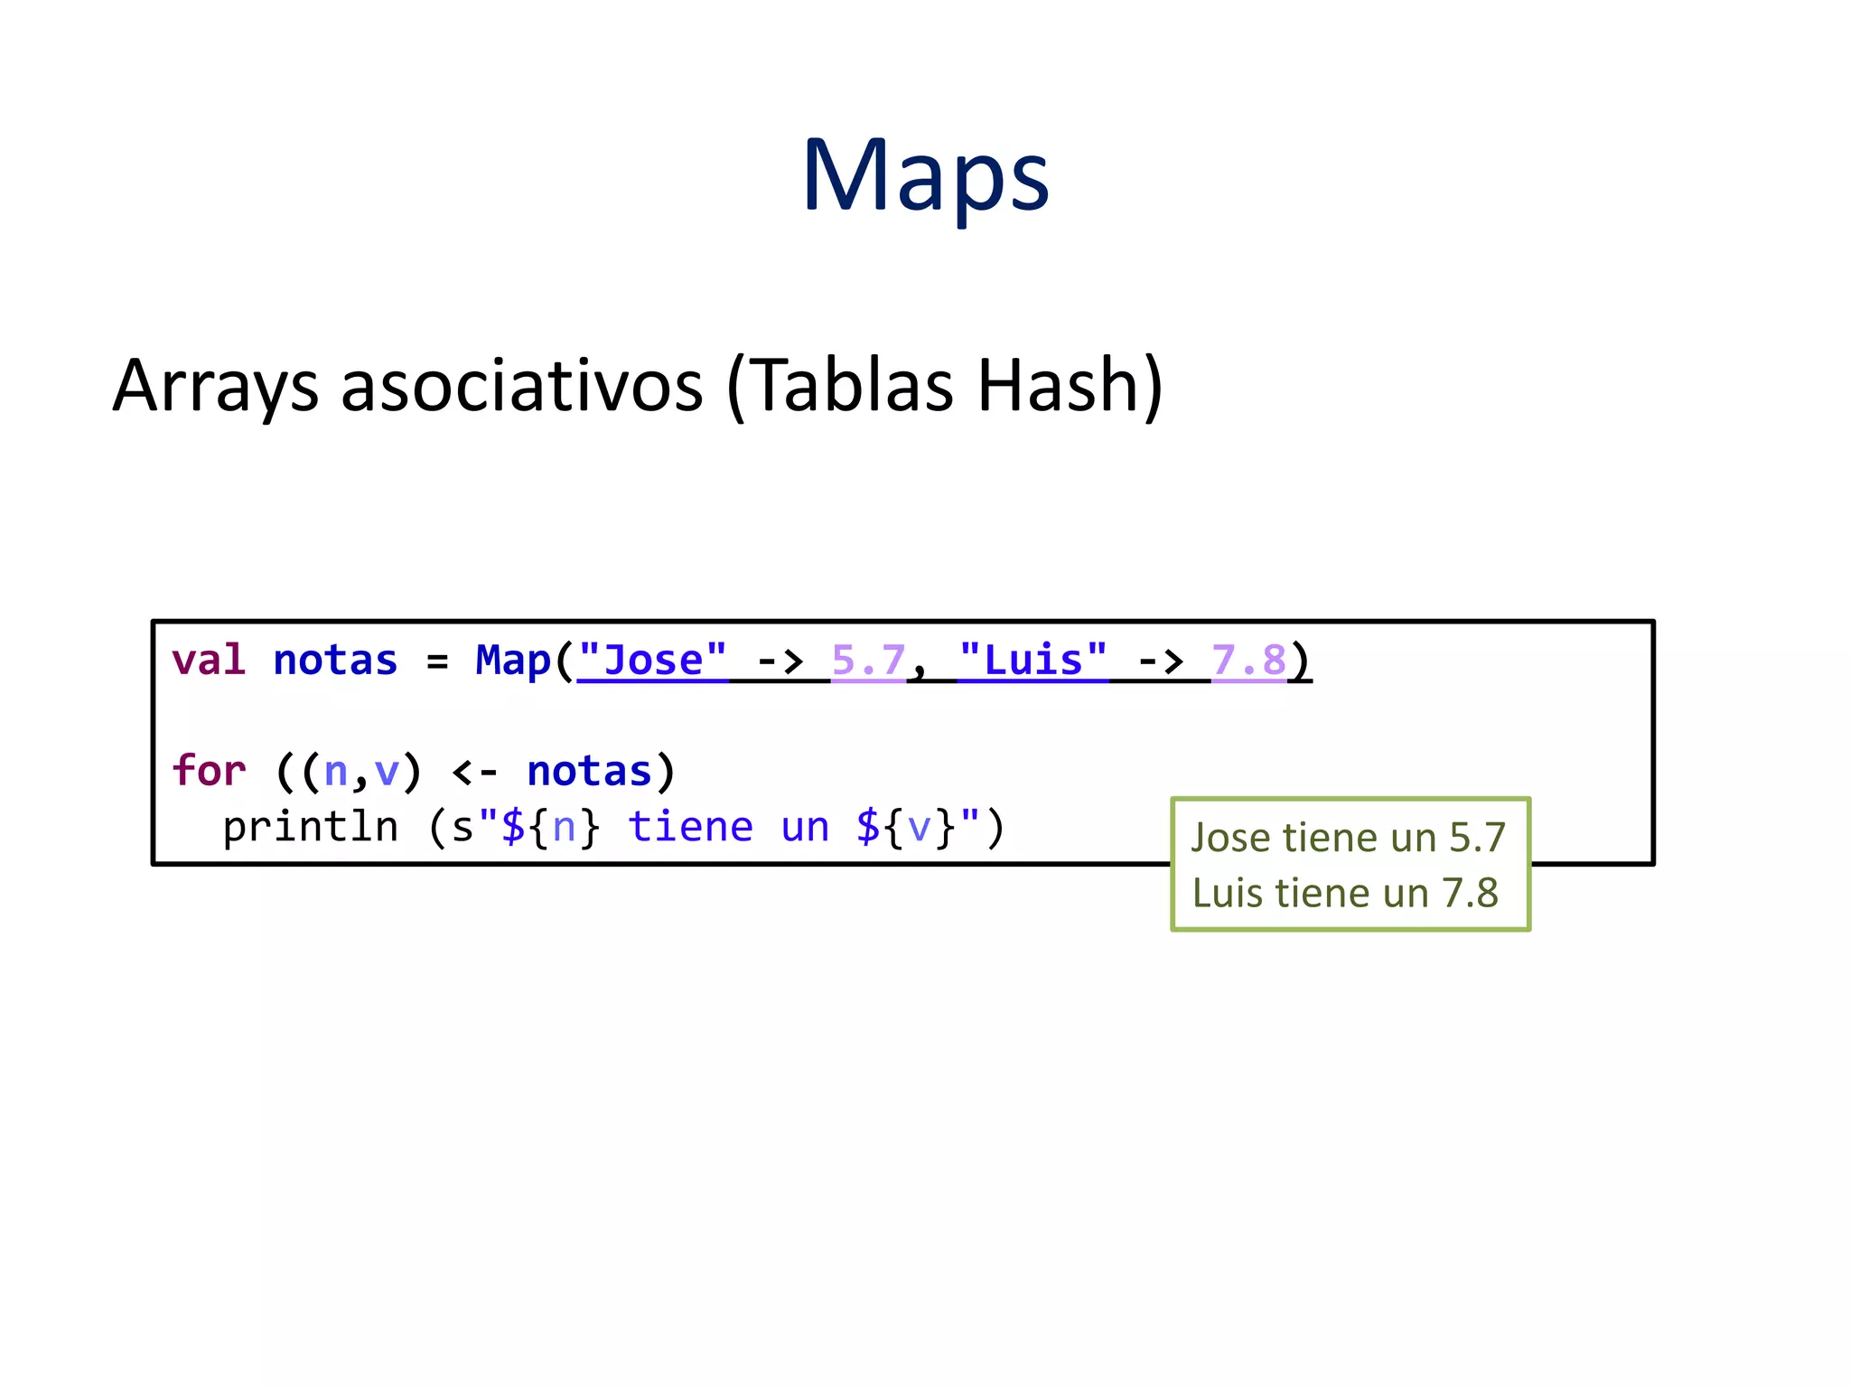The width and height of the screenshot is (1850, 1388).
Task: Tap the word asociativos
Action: coord(521,386)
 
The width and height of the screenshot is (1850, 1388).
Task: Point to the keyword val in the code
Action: coord(209,661)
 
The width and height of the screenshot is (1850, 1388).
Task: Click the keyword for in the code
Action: coord(209,772)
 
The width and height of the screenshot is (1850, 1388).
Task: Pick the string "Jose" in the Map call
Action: coord(652,661)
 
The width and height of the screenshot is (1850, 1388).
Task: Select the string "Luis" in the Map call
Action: coord(1032,661)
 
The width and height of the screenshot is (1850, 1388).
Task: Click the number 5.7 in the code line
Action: coord(868,661)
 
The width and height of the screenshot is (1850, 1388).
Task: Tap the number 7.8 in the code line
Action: coord(1248,661)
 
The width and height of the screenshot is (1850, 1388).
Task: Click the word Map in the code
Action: coord(513,661)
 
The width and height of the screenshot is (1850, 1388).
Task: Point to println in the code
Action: coord(310,827)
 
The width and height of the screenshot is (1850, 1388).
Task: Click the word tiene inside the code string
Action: coord(690,827)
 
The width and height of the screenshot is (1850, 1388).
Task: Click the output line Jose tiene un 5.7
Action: coord(1348,838)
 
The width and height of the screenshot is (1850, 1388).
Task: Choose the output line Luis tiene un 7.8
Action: coord(1345,894)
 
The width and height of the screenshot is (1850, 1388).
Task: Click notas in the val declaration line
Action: coord(335,661)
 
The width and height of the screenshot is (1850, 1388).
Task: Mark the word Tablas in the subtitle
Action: coord(852,386)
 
